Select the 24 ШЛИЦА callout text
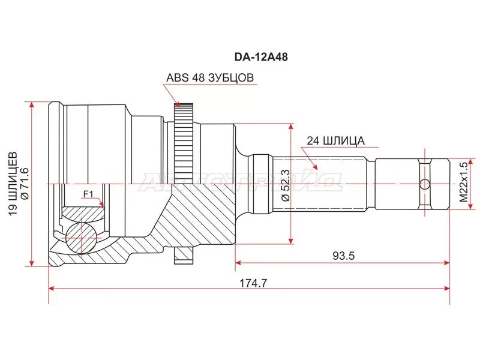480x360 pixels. click(335, 141)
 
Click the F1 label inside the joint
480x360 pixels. click(88, 193)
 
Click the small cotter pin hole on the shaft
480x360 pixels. click(425, 184)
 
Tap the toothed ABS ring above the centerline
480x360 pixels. click(184, 137)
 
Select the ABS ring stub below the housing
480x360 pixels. click(184, 256)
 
